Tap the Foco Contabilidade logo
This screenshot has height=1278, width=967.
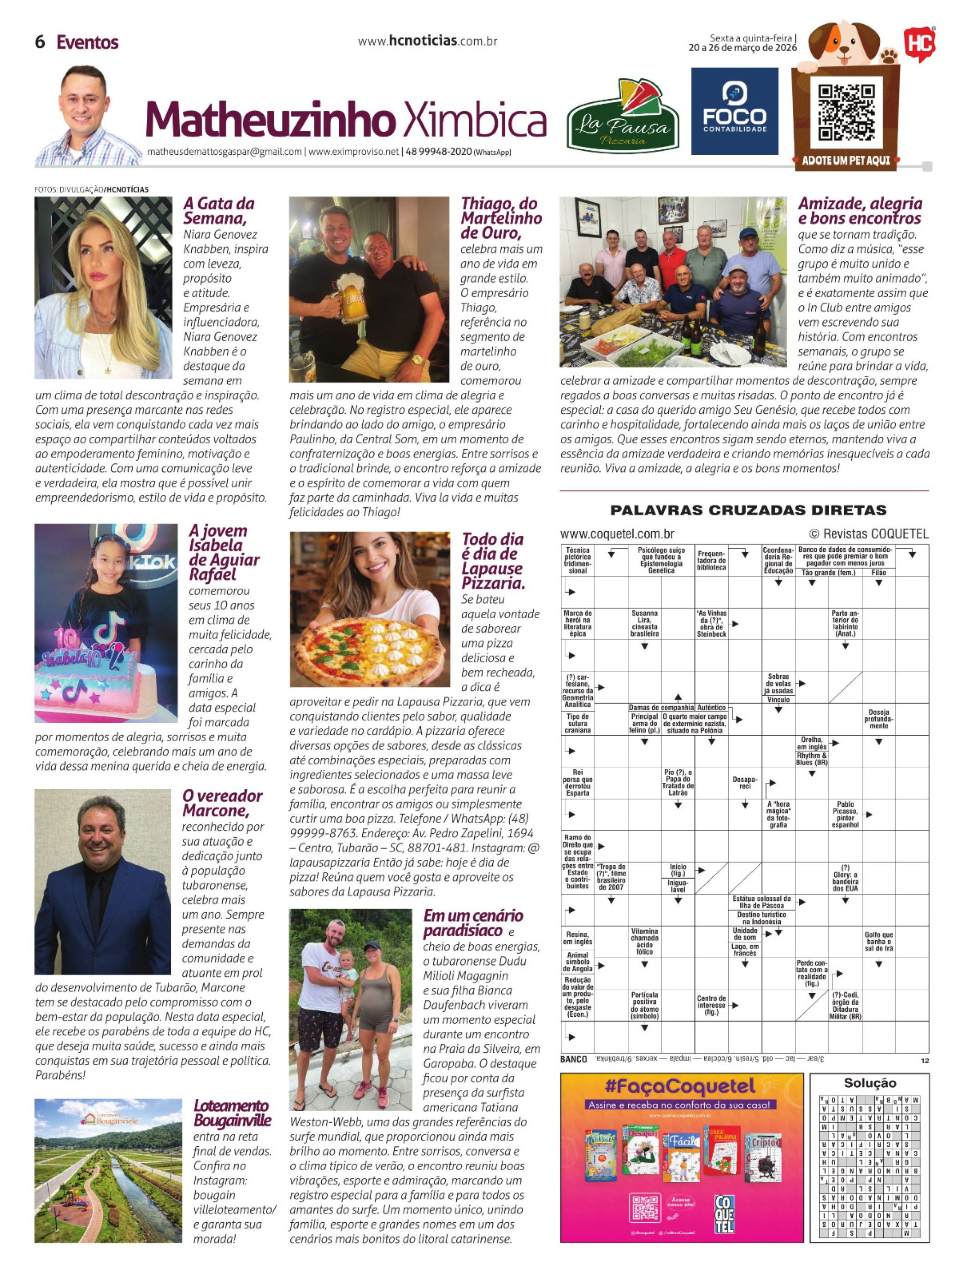734,111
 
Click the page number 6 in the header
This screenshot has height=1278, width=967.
40,42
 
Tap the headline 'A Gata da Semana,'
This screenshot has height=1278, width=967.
219,211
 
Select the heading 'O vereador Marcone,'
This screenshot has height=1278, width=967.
222,803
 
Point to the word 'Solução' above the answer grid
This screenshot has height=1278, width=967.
869,1083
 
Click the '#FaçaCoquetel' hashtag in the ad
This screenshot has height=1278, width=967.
682,1085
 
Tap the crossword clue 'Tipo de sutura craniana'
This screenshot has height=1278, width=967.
578,723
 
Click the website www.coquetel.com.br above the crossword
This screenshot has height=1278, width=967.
617,534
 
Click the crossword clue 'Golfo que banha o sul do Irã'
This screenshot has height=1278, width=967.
878,941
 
